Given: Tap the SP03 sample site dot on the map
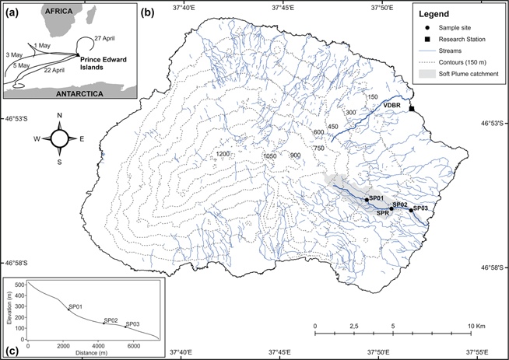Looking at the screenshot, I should [x=412, y=209].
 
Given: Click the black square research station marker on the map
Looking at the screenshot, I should [x=412, y=109].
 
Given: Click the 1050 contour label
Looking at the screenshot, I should [x=270, y=156].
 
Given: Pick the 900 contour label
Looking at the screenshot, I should [x=295, y=156].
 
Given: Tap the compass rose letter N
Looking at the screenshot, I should [x=60, y=117].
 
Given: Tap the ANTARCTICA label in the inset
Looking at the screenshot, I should [x=75, y=92].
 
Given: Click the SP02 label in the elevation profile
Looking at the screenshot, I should [x=110, y=320].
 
